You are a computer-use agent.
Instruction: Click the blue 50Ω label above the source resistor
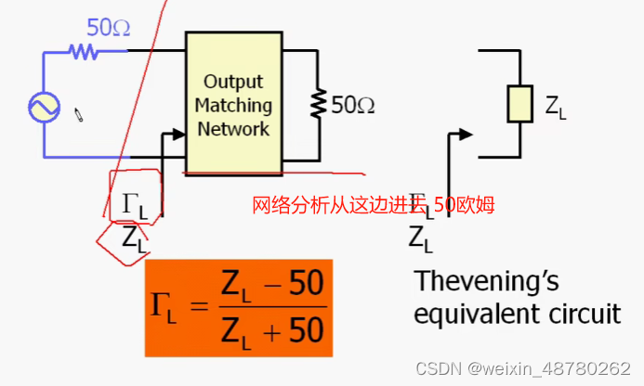tap(109, 28)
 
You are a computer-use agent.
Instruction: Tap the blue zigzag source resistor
tap(84, 52)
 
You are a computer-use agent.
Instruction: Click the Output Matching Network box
tap(233, 103)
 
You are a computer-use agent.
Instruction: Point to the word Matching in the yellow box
tap(233, 105)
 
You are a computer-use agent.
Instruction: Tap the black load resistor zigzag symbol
tap(319, 105)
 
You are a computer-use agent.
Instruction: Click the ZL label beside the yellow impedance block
tap(556, 109)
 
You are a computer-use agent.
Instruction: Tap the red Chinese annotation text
tap(372, 205)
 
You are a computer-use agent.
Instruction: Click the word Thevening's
tap(487, 281)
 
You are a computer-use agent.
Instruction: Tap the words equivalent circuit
tap(517, 314)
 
